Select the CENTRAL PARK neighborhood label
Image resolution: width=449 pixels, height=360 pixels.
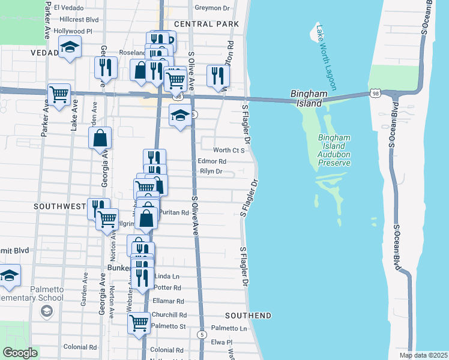click(x=206, y=24)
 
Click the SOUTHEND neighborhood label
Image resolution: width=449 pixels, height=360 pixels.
click(x=248, y=315)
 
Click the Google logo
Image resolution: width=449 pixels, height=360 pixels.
click(x=20, y=352)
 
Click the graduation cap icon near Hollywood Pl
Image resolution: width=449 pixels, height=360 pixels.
click(x=70, y=47)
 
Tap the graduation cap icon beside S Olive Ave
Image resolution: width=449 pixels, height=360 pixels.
click(x=180, y=115)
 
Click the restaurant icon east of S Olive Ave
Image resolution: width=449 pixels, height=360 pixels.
click(x=218, y=75)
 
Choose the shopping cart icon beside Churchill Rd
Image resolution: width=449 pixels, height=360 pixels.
click(x=139, y=322)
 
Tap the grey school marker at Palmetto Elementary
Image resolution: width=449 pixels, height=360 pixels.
click(x=46, y=311)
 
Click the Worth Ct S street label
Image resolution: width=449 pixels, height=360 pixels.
click(x=229, y=150)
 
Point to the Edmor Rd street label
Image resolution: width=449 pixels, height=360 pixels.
click(x=212, y=161)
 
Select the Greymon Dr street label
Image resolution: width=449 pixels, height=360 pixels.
click(x=213, y=8)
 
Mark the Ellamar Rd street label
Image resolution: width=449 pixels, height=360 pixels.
click(x=167, y=301)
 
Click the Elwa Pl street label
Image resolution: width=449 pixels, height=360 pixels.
click(x=221, y=342)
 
